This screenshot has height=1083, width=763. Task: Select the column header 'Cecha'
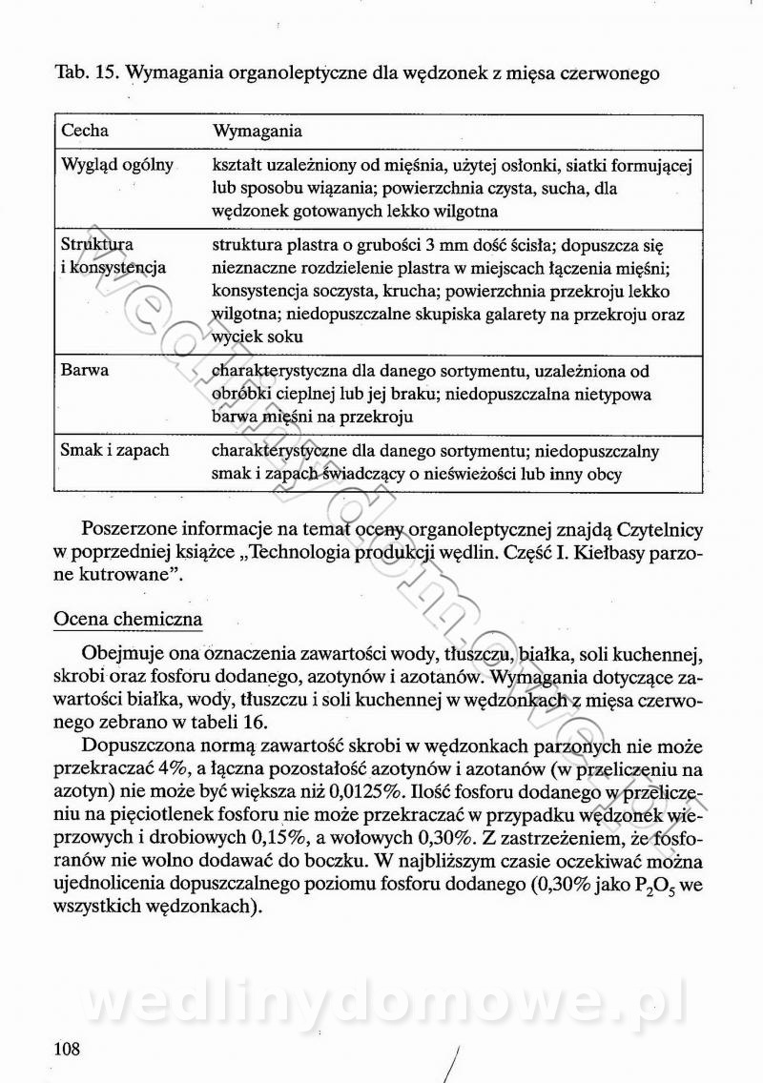(85, 130)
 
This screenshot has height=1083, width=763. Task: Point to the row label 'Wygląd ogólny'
(117, 165)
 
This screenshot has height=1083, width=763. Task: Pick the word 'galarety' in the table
(511, 314)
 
